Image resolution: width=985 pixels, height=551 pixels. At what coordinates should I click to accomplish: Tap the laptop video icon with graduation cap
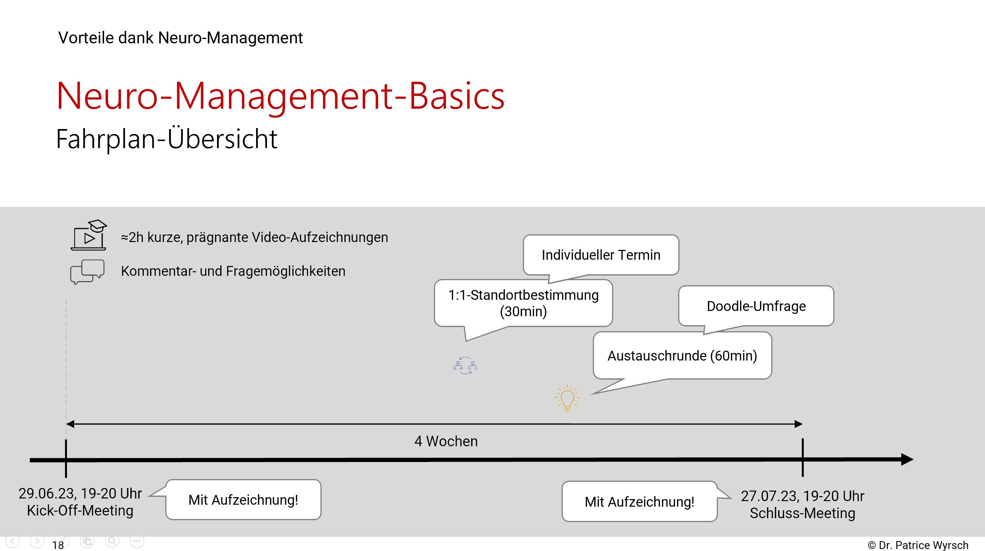[x=89, y=235]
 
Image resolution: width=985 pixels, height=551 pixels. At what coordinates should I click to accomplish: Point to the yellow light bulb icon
[x=567, y=398]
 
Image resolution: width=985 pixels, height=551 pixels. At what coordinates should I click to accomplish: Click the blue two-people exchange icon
[x=465, y=365]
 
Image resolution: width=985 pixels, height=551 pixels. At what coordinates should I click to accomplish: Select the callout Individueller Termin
[x=601, y=255]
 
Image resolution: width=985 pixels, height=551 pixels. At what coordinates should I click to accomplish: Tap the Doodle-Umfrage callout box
[x=756, y=306]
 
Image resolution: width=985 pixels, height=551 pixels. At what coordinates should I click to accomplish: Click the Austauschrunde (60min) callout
[x=682, y=356]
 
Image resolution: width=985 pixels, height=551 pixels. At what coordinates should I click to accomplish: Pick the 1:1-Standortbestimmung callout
[x=523, y=303]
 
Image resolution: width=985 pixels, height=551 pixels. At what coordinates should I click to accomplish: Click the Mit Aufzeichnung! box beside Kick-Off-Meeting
[x=243, y=500]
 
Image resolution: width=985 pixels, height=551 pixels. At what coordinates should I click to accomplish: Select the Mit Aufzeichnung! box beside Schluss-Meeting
[x=639, y=502]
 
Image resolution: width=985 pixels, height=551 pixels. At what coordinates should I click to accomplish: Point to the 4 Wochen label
[x=446, y=441]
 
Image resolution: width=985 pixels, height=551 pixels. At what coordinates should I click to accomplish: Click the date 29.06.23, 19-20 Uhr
[x=80, y=493]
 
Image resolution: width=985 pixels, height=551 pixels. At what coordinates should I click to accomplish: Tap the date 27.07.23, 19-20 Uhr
[x=802, y=496]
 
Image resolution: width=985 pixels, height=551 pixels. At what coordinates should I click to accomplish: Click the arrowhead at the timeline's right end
[x=907, y=459]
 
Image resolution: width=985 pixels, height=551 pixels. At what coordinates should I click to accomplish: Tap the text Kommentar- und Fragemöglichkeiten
[x=233, y=271]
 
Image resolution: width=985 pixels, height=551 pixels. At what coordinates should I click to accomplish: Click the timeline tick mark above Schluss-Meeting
[x=802, y=457]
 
